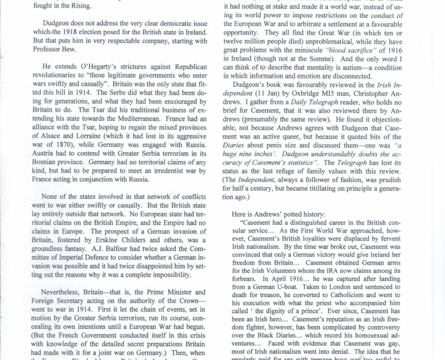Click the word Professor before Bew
point(48,49)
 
